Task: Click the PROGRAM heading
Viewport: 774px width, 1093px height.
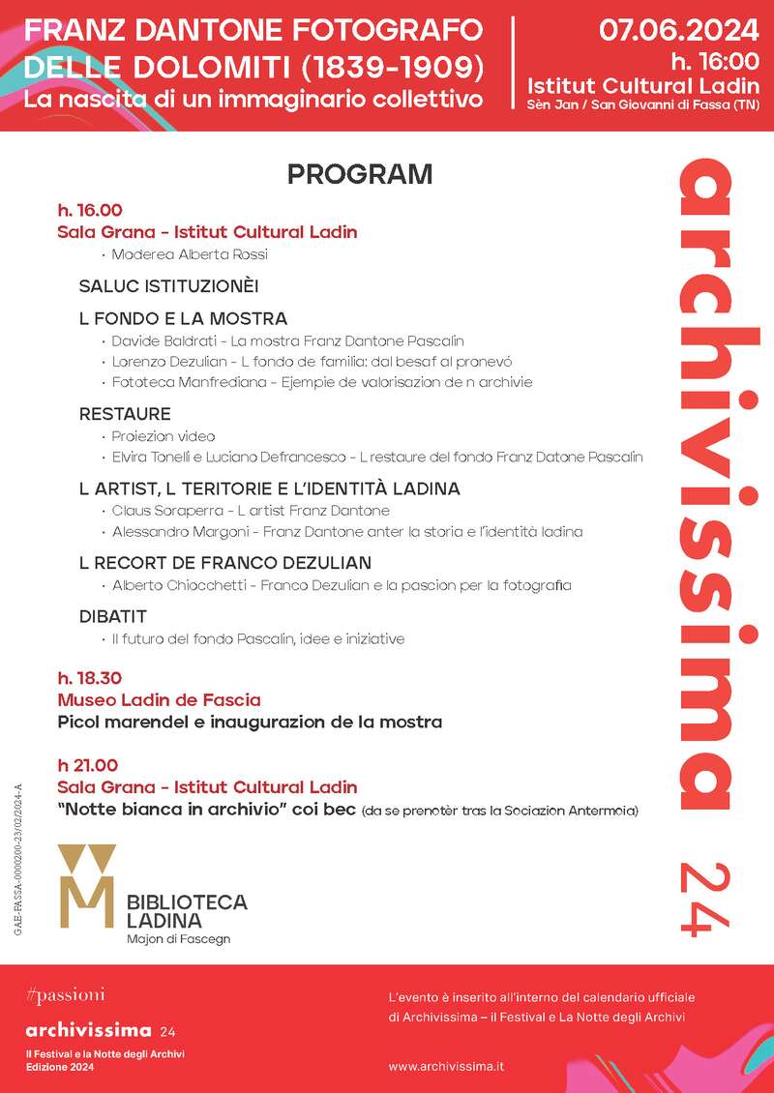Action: click(x=359, y=175)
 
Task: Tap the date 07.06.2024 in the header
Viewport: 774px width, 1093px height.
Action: click(x=679, y=29)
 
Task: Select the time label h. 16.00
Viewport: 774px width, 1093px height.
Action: click(x=90, y=210)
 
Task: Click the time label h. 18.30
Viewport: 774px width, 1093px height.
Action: click(x=90, y=678)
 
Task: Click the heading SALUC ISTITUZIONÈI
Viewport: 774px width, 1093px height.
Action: click(x=168, y=286)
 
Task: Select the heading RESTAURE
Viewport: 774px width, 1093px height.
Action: click(x=125, y=414)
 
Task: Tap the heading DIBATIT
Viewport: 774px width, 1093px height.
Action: click(x=113, y=616)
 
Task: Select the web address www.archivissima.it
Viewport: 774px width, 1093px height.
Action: click(x=447, y=1066)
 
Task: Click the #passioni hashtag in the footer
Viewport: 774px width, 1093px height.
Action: click(x=66, y=994)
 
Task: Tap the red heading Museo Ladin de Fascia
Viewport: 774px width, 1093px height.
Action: click(x=159, y=699)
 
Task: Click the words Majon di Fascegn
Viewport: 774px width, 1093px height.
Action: click(x=178, y=938)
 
